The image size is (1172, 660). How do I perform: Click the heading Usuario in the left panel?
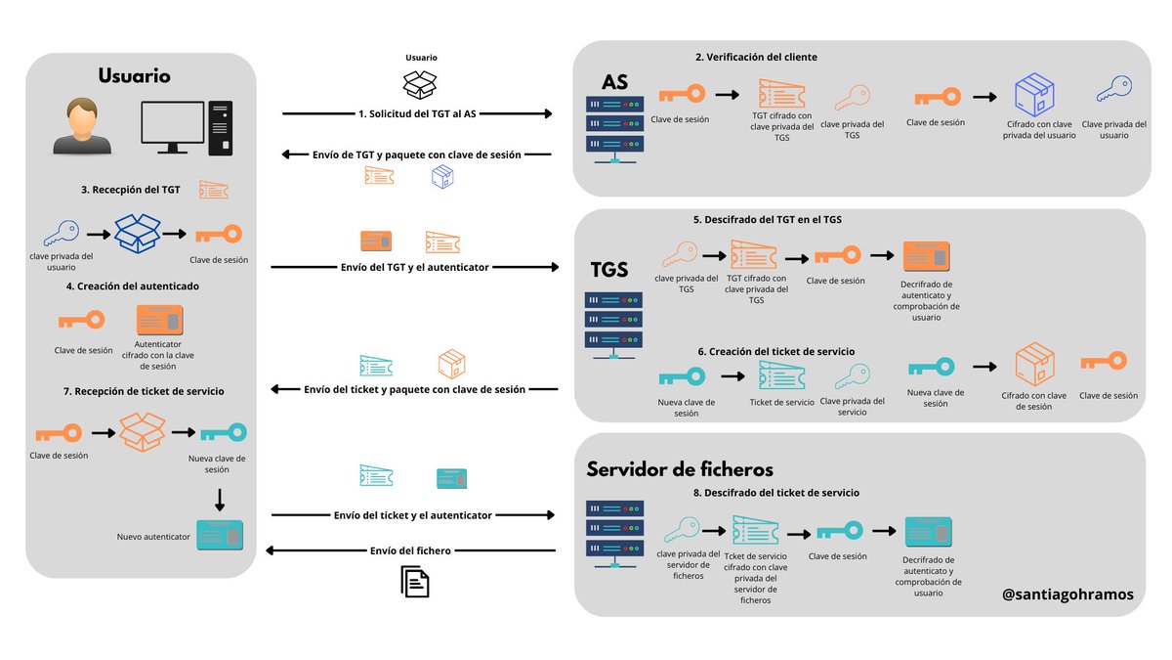click(135, 76)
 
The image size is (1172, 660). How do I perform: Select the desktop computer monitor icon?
click(172, 127)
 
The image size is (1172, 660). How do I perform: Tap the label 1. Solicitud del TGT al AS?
click(417, 114)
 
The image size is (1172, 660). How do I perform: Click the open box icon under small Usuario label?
click(421, 84)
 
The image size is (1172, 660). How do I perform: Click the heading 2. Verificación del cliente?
click(756, 57)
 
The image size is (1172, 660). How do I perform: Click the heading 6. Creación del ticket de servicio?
click(775, 351)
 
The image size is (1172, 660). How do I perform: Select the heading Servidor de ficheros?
click(680, 469)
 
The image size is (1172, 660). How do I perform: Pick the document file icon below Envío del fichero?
click(416, 583)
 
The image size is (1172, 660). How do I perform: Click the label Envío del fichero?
click(410, 550)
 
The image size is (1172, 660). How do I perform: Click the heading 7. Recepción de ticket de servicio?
click(143, 391)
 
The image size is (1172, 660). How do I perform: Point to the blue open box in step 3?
click(137, 235)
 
